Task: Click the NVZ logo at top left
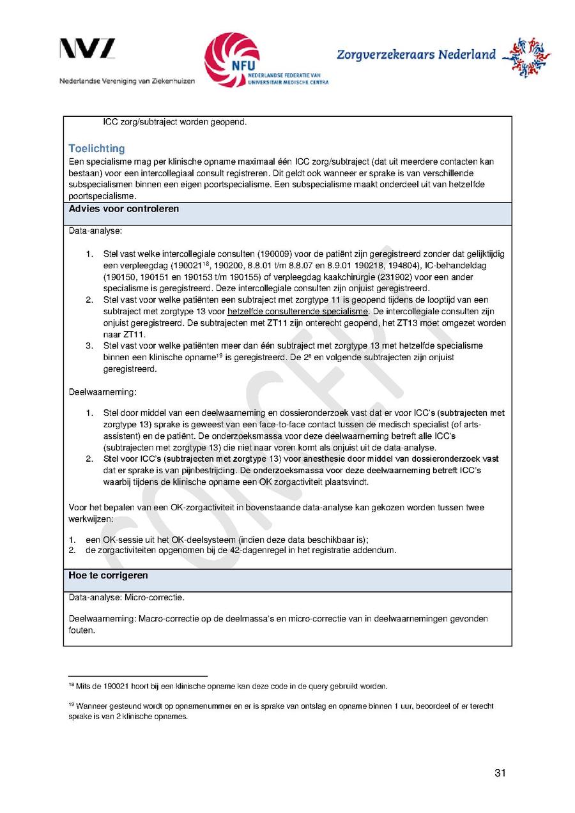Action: pos(88,49)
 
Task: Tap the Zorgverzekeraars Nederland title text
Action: pos(416,54)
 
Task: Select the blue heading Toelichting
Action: pos(96,149)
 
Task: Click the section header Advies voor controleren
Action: pos(124,209)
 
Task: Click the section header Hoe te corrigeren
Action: pos(108,575)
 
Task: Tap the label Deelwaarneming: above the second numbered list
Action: pos(102,391)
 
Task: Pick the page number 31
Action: pos(500,773)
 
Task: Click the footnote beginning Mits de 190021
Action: pos(230,687)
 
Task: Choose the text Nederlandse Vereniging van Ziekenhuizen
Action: pos(127,82)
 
